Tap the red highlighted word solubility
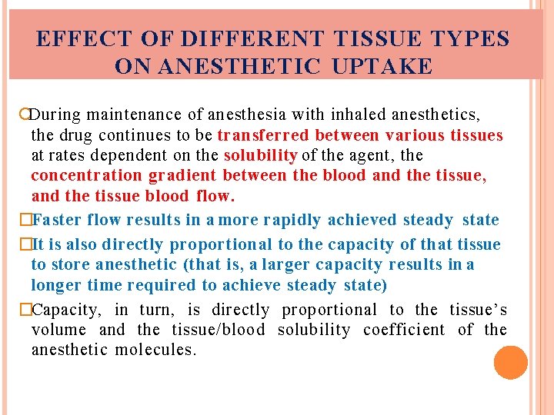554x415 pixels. pos(260,156)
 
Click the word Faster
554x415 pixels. pos(58,221)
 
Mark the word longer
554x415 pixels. pos(57,285)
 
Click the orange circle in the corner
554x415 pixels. pos(511,363)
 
